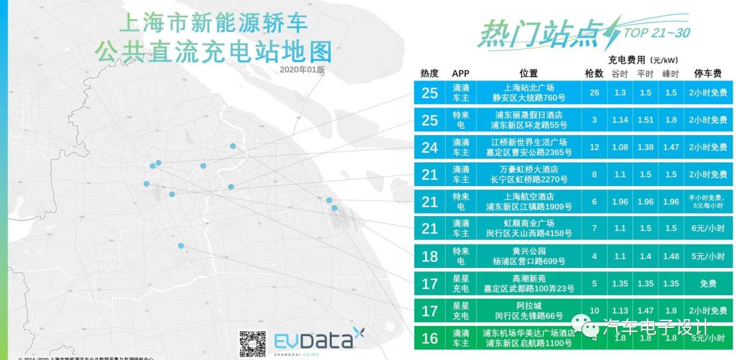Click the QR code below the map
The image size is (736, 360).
251,344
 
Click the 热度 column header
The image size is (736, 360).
429,74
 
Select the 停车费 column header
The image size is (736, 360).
707,74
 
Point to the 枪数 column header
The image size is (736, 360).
594,74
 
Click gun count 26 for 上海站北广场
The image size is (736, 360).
594,93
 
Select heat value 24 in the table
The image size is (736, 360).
429,147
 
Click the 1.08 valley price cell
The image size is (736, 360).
619,147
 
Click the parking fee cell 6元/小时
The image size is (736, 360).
707,228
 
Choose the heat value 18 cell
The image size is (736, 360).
429,256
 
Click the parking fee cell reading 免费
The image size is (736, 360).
707,283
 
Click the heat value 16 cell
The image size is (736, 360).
429,338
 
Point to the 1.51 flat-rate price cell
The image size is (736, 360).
645,120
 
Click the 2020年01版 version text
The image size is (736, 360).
302,70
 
